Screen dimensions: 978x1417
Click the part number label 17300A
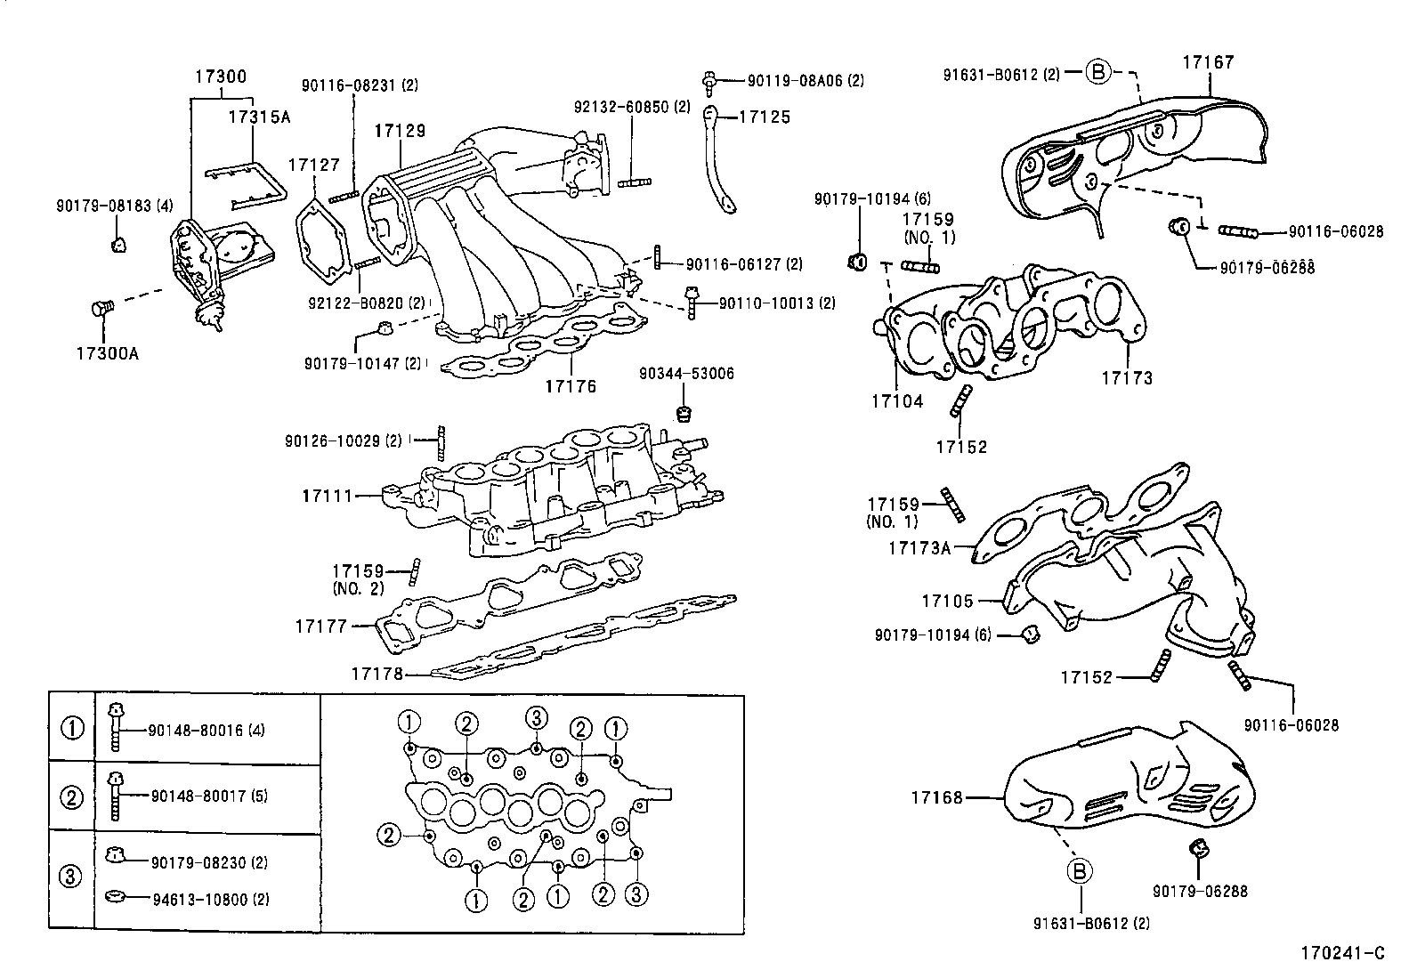tap(107, 353)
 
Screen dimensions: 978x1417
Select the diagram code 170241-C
tap(1346, 953)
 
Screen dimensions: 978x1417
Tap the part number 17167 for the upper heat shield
tap(1208, 62)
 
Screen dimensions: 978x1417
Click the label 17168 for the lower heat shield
tap(936, 798)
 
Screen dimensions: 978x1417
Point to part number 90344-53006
tap(686, 374)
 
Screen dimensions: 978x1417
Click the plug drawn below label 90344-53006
tap(684, 412)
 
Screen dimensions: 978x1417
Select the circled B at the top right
tap(1098, 72)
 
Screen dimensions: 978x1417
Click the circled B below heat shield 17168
tap(1080, 871)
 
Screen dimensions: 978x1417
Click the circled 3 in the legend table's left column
tap(71, 877)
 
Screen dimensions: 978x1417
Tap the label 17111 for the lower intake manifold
tap(328, 496)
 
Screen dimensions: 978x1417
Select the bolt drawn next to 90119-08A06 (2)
tap(710, 81)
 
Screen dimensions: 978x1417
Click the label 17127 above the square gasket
tap(314, 165)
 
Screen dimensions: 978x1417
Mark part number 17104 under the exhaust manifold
tap(897, 401)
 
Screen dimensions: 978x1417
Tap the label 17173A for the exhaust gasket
tap(919, 548)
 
